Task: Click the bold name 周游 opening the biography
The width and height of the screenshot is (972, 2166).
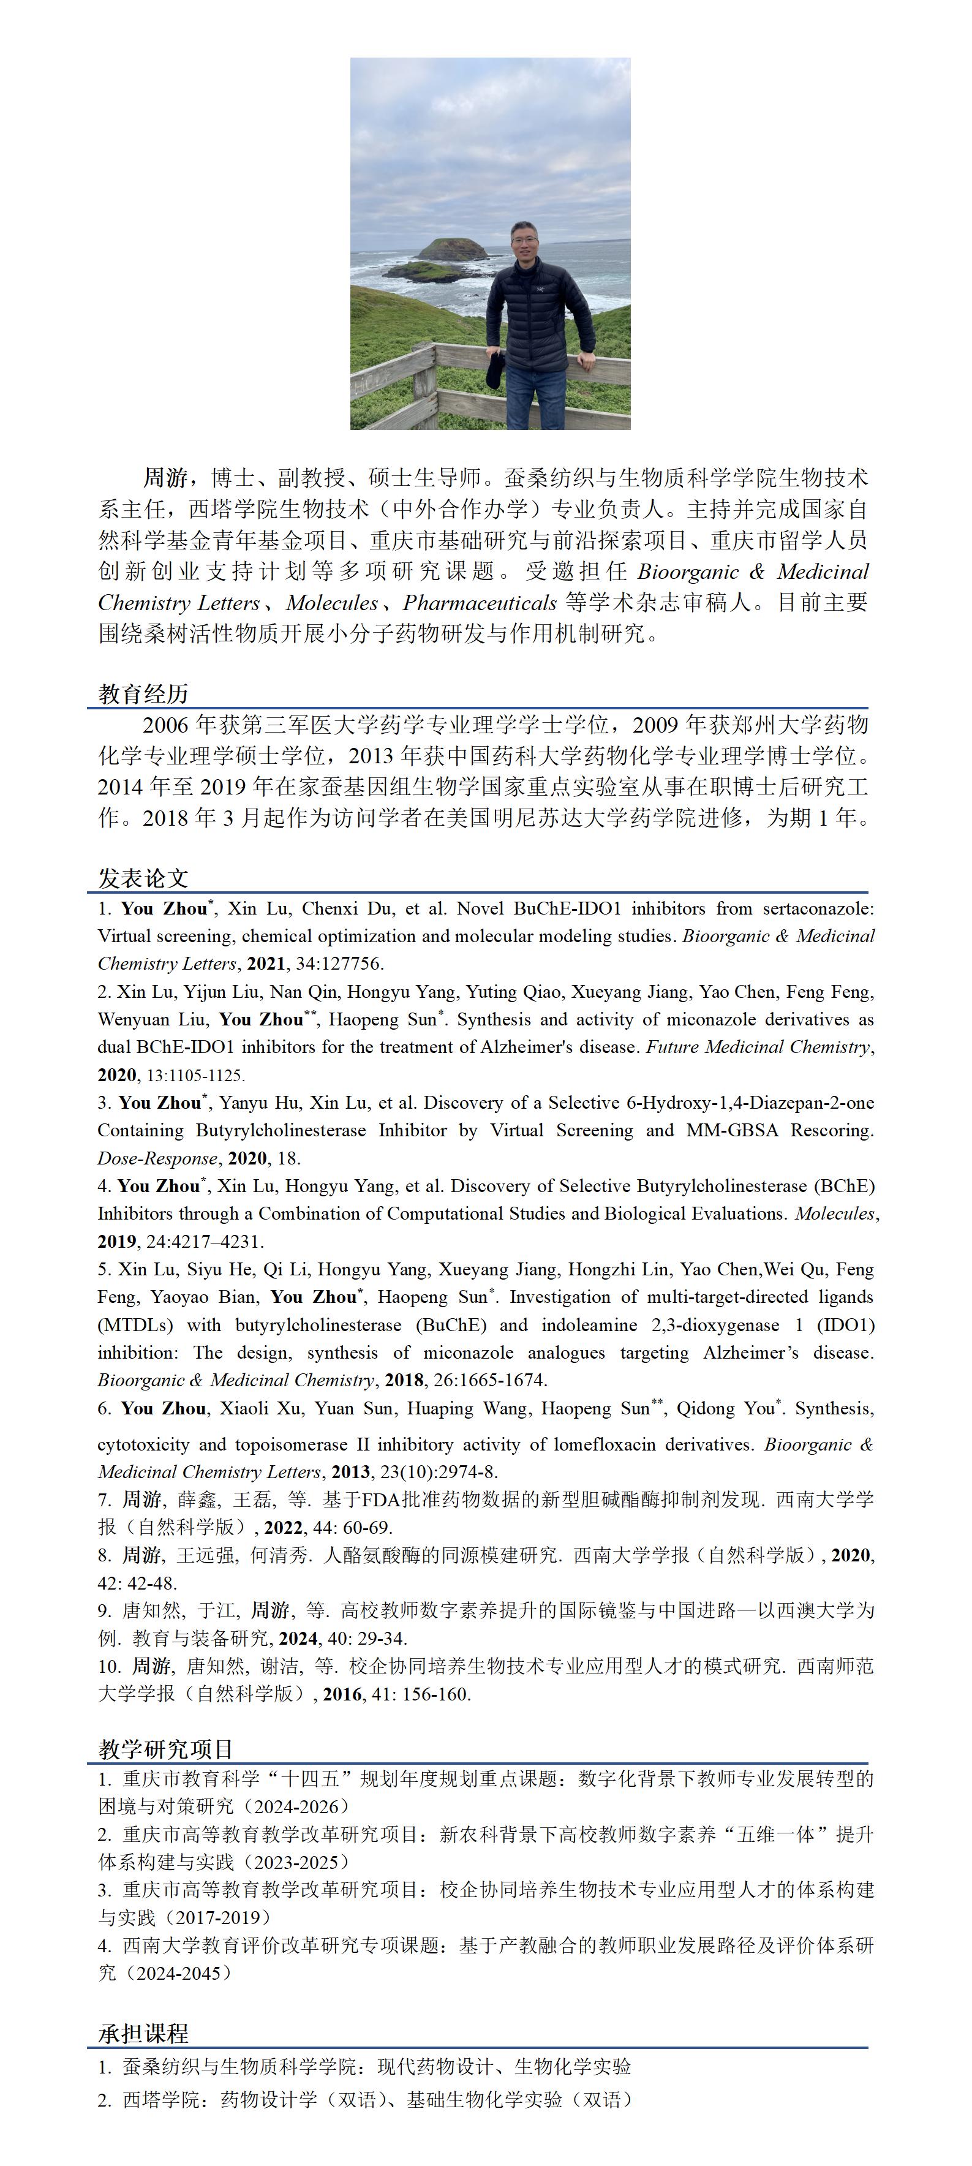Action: (x=165, y=478)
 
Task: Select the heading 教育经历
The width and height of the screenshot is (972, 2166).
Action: (x=143, y=693)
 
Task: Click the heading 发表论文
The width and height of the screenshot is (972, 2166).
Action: (x=143, y=878)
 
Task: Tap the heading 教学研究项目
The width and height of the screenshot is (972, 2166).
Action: (x=165, y=1749)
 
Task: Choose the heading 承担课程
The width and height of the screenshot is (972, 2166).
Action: (x=143, y=2033)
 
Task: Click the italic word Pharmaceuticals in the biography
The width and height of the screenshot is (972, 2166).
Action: (x=480, y=603)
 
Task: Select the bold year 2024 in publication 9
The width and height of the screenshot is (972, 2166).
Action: (x=298, y=1638)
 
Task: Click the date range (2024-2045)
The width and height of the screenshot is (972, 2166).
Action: (x=176, y=1972)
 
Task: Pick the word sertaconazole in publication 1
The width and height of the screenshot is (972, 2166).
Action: (x=818, y=908)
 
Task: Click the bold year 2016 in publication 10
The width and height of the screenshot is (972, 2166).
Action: (x=342, y=1694)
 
